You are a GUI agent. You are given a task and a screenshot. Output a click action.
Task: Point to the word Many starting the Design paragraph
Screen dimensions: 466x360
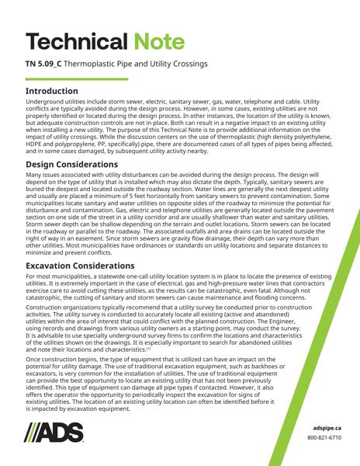34,177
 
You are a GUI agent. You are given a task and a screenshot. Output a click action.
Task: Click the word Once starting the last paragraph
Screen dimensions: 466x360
34,361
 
